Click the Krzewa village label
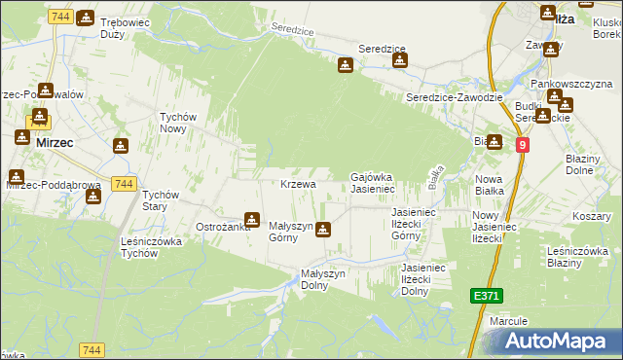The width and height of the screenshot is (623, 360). [x=298, y=184]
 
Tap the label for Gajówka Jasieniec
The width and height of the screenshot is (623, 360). [x=371, y=182]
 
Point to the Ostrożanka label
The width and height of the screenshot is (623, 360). [x=223, y=227]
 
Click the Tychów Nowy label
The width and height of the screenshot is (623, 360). [x=178, y=122]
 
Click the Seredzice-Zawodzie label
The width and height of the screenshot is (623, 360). [x=455, y=98]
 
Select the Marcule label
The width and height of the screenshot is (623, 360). [x=509, y=320]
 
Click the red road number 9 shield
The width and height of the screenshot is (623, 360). [x=523, y=145]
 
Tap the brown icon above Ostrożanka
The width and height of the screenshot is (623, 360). [x=252, y=219]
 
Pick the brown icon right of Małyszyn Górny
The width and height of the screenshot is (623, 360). [x=323, y=231]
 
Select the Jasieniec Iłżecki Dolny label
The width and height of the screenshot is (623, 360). [x=415, y=278]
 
